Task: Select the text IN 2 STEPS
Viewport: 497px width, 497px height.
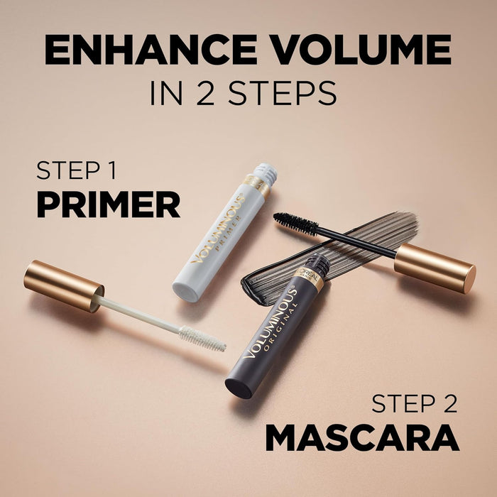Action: coord(243,92)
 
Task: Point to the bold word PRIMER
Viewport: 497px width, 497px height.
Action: coord(108,204)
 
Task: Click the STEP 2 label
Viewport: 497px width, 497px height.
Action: coord(415,405)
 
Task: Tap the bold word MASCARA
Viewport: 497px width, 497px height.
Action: coord(362,439)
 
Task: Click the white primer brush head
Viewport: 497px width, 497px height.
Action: coord(202,338)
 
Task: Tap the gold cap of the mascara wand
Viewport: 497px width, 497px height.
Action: coord(435,268)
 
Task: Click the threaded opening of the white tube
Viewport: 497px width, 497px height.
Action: coord(266,175)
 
